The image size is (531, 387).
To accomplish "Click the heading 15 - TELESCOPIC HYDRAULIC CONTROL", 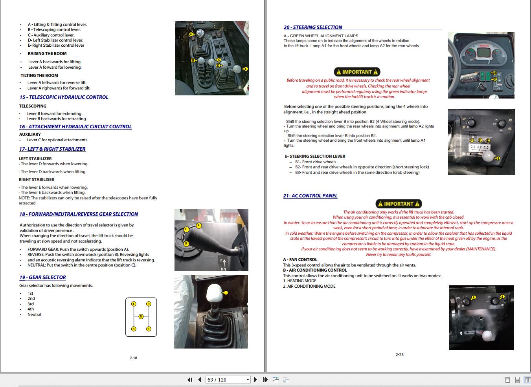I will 64,97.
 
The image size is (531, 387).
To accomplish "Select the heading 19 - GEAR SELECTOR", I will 42,277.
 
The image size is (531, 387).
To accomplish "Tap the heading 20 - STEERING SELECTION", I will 313,27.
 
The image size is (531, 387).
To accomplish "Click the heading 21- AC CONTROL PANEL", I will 310,196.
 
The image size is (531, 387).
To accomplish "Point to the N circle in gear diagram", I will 141,316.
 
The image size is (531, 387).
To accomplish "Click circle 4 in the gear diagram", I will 134,304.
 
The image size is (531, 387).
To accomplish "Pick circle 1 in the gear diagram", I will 149,329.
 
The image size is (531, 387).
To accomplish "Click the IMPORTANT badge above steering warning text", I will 357,72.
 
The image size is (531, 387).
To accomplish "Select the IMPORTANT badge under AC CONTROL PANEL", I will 399,204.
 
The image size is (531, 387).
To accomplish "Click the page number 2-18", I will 133,358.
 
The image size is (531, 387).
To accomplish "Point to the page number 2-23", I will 399,355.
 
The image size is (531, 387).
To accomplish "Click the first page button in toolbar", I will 190,380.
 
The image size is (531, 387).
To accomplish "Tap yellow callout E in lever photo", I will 246,69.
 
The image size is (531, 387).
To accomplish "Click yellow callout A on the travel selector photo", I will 199,225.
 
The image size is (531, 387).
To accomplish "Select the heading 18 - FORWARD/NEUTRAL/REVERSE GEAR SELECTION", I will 79,214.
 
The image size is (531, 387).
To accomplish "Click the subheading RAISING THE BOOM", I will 47,54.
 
